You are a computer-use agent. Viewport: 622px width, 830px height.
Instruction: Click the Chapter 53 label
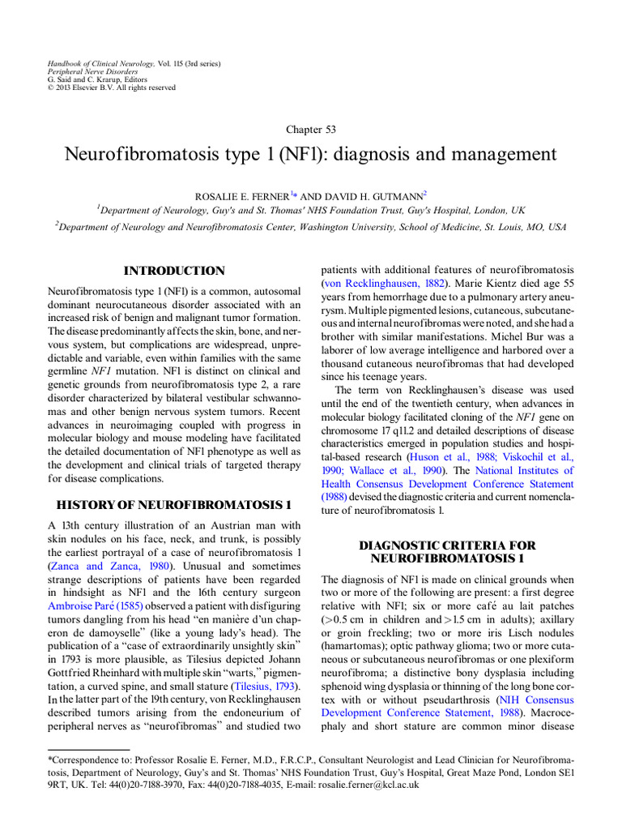311,130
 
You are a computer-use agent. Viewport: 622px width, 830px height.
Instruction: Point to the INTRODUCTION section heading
173,271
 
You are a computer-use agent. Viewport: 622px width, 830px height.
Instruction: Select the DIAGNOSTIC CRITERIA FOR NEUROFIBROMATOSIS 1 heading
447,552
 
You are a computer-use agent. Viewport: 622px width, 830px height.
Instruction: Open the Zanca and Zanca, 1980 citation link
104,565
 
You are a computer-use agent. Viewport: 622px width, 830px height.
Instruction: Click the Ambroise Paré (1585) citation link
96,604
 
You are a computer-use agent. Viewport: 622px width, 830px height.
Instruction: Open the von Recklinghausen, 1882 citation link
380,282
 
